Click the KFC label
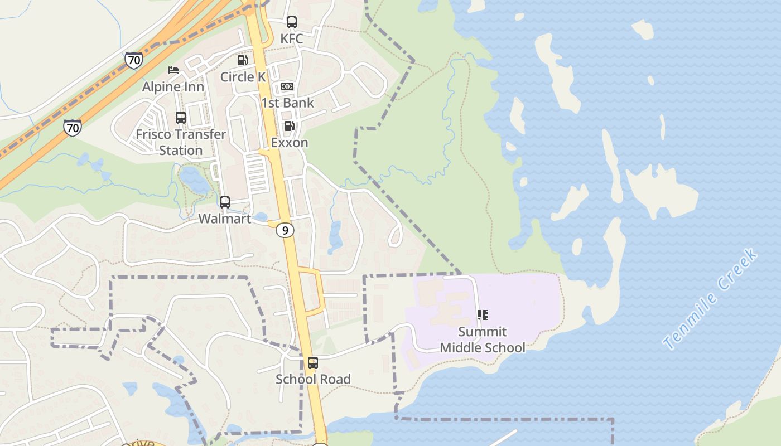292,38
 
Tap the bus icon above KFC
292,22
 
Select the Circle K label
243,76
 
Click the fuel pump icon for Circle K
242,60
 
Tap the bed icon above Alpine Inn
173,70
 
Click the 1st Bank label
287,103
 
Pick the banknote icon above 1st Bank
287,86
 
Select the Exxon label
290,142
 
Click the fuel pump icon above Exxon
289,126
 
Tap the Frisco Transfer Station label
181,142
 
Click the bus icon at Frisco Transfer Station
181,118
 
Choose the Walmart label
225,219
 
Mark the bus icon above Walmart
225,202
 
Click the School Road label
313,379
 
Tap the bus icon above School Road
313,363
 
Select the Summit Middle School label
483,340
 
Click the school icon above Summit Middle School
483,316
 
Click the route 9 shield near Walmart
285,230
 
